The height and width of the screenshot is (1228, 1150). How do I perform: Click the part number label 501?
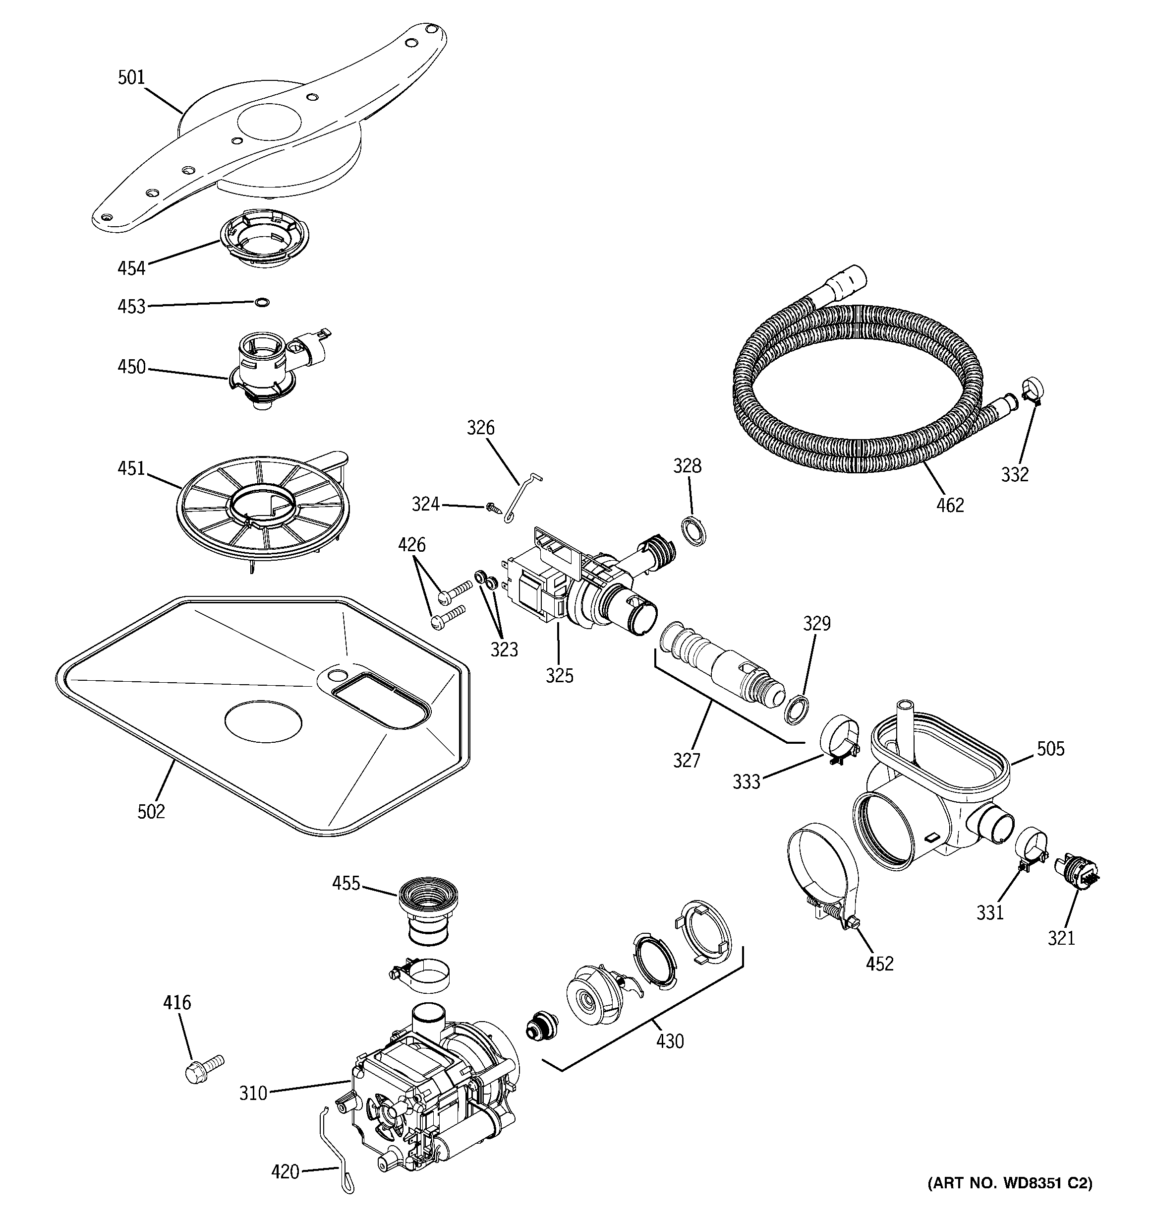coord(131,78)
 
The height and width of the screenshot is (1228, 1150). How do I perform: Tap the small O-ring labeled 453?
coord(262,302)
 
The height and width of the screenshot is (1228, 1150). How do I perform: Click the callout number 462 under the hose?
coord(949,505)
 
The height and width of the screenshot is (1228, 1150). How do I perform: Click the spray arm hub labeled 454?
coord(264,237)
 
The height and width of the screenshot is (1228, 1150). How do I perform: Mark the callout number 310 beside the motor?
coord(253,1094)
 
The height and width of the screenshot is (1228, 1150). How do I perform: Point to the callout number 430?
coord(670,1041)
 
